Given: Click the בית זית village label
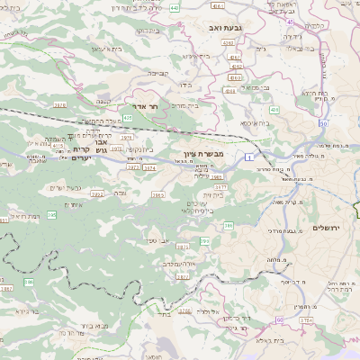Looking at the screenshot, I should point(212,194).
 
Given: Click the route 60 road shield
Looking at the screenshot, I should point(279,319).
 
